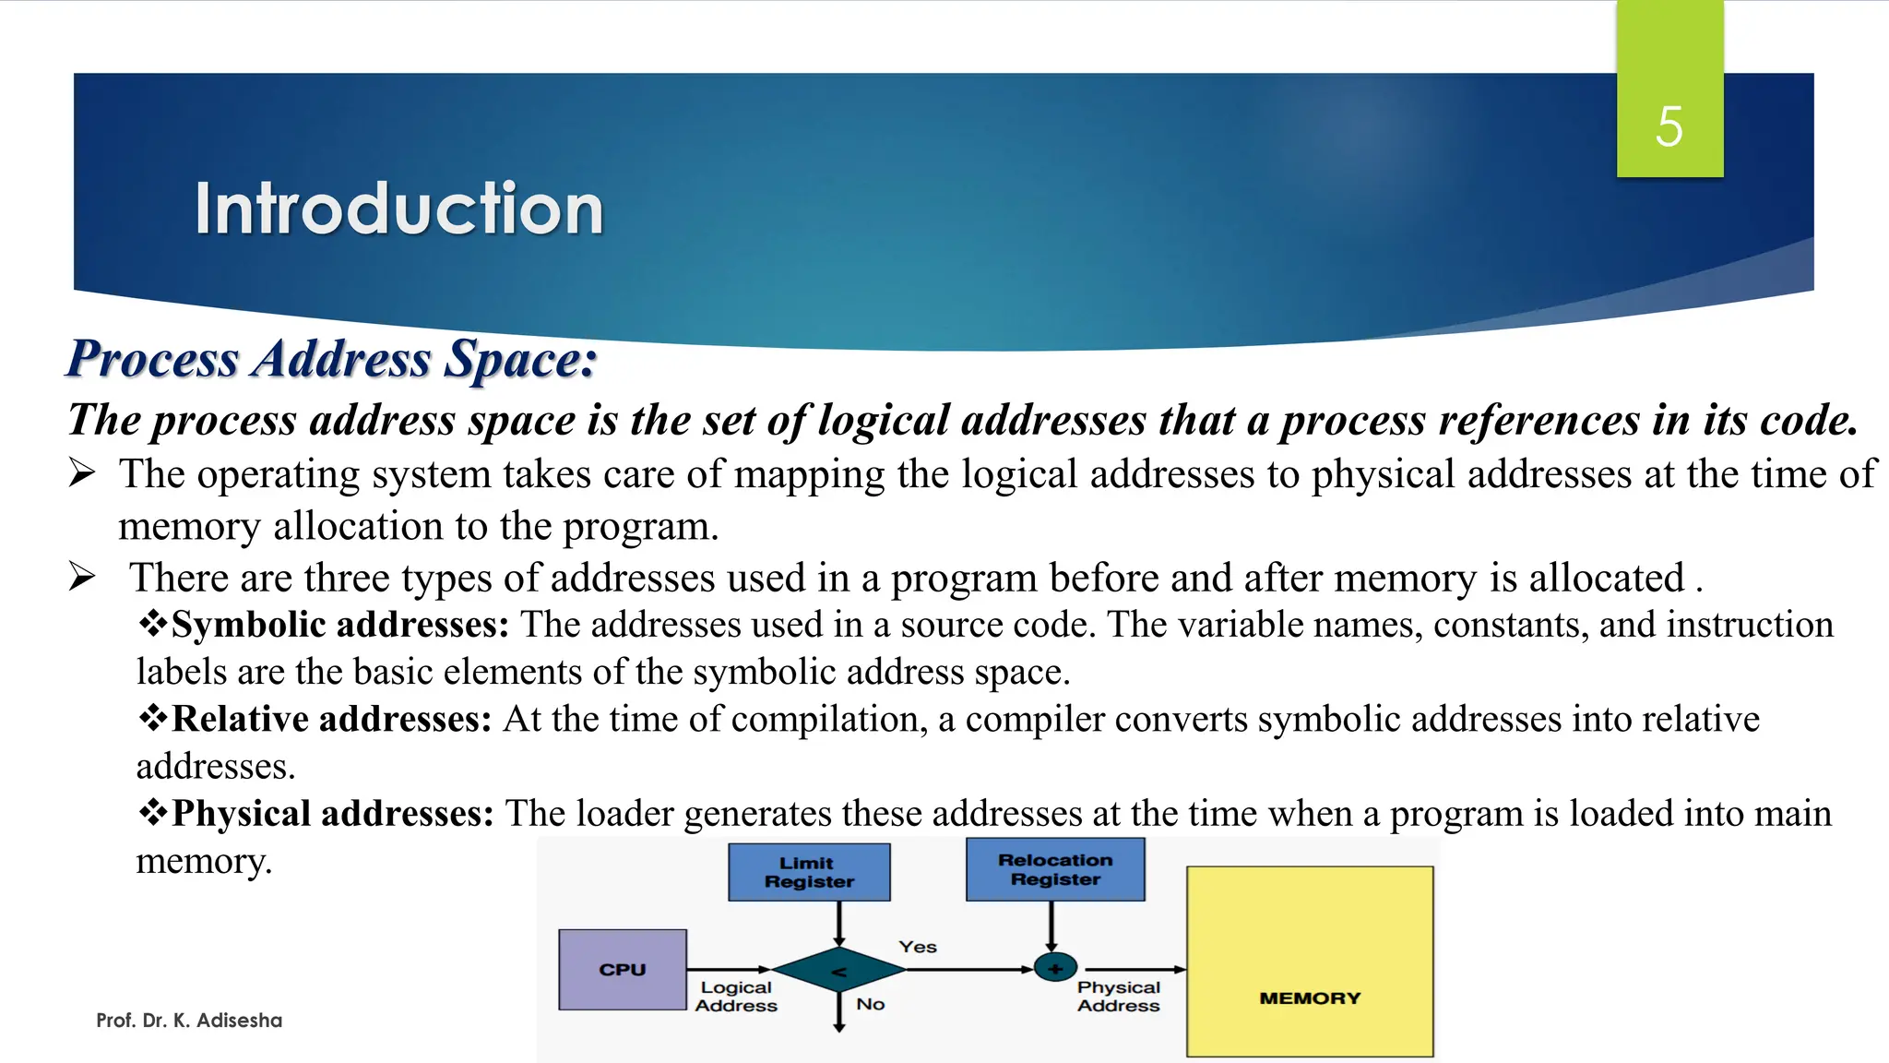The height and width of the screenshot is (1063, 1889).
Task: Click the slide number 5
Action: (x=1669, y=126)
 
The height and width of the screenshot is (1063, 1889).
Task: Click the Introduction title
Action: (x=398, y=209)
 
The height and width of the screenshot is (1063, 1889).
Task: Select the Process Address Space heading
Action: (x=332, y=359)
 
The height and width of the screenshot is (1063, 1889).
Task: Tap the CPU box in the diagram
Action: (x=623, y=970)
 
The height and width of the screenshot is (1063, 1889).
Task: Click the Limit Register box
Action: (x=809, y=872)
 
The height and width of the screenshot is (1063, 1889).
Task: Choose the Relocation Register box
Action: (x=1055, y=869)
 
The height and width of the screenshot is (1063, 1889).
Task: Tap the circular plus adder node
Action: (x=1055, y=969)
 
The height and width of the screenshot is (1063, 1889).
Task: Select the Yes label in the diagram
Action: (x=918, y=947)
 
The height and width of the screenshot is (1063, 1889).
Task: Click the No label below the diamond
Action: (x=870, y=1004)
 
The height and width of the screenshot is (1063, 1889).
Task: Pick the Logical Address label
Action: (x=736, y=997)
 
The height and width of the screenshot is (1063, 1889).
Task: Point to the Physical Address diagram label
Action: (x=1118, y=997)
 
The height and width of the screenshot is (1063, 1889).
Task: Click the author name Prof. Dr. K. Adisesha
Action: (x=189, y=1021)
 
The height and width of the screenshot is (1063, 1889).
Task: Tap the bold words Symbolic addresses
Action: (x=339, y=625)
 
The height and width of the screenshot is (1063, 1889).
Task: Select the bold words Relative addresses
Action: (x=331, y=719)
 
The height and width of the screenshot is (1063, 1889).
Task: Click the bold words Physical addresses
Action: (x=333, y=814)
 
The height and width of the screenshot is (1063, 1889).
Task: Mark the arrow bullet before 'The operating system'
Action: (x=82, y=473)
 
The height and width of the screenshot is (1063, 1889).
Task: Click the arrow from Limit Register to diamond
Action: (x=839, y=923)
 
